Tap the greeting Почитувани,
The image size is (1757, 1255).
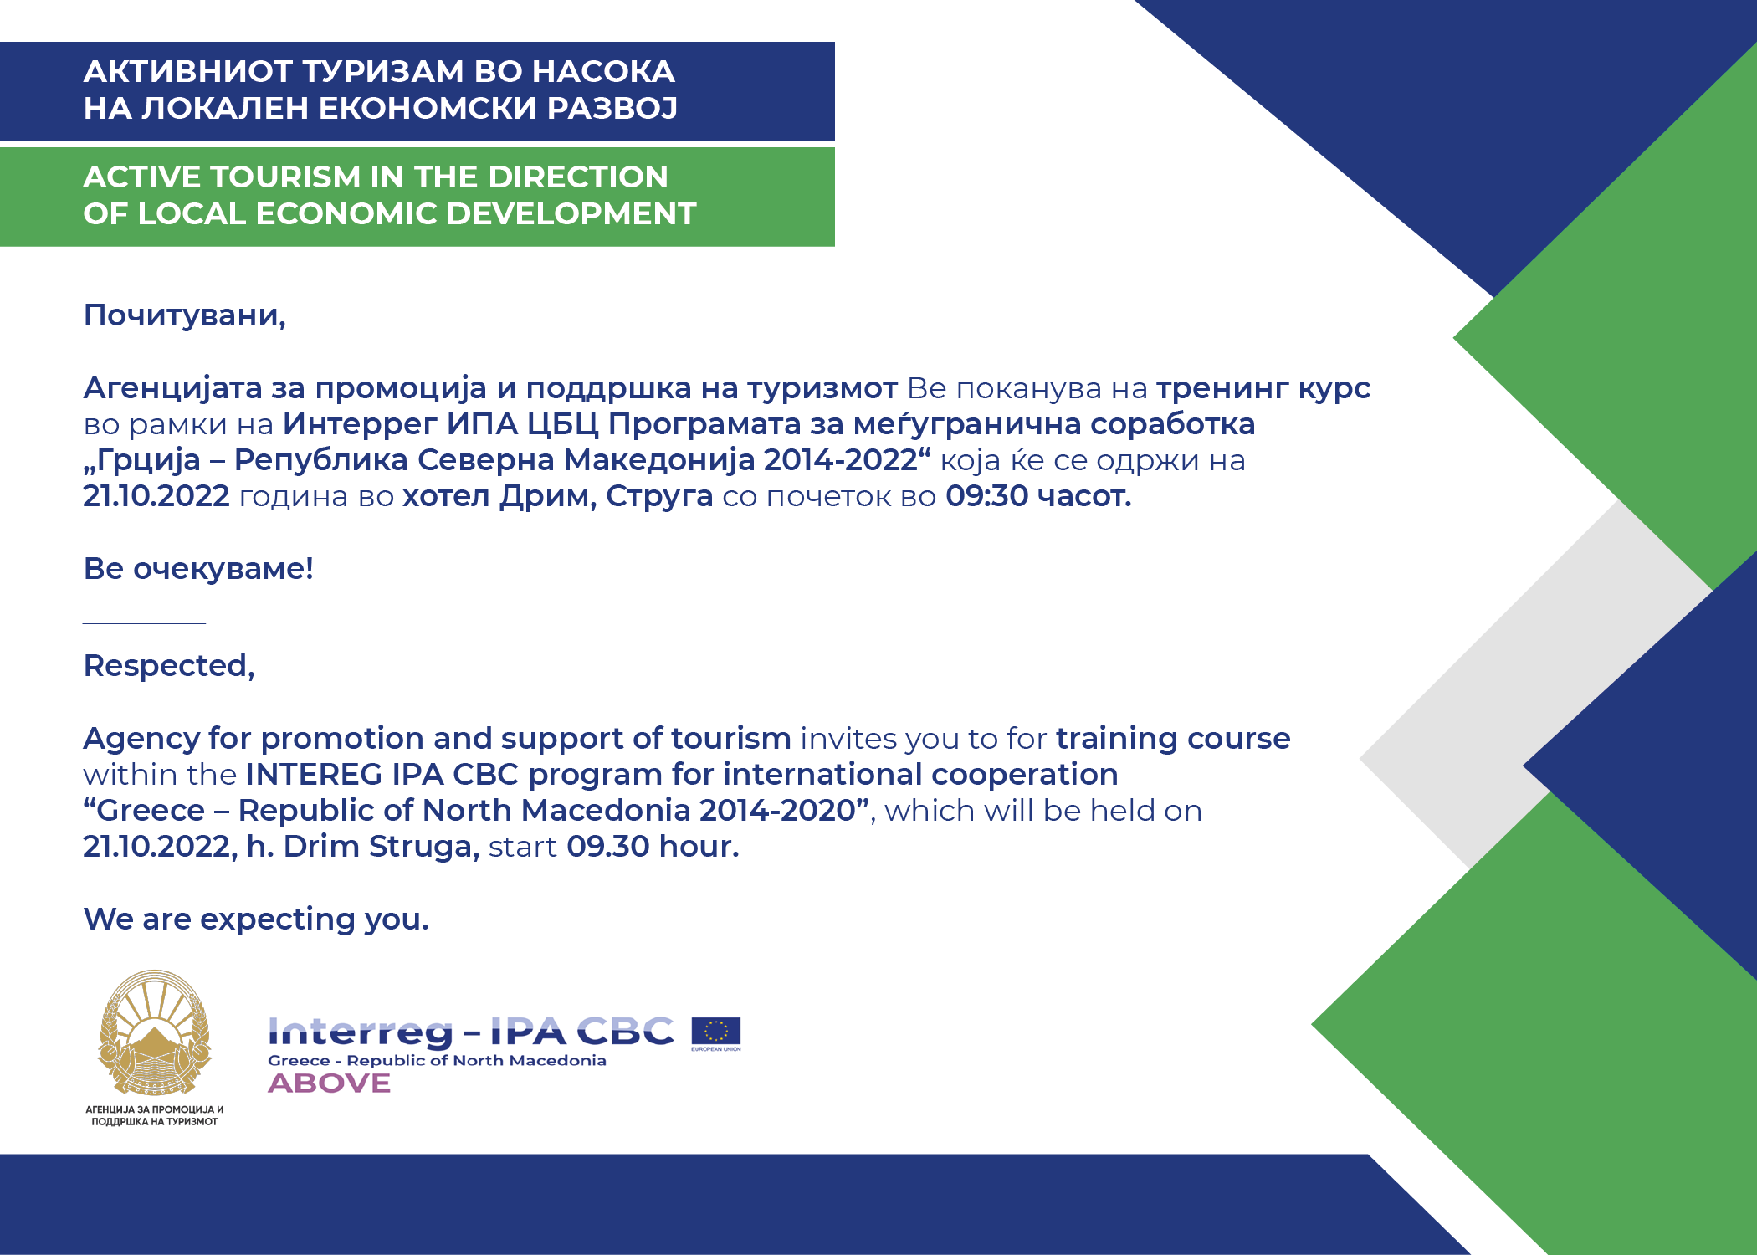coord(185,315)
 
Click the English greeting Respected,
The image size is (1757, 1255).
coord(169,666)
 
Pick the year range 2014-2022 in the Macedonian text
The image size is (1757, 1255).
coord(841,460)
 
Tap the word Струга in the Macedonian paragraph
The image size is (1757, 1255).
coord(659,497)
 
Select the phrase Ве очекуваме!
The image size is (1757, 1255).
coord(198,569)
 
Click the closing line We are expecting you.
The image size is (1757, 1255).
coord(256,919)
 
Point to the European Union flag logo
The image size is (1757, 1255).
coord(716,1033)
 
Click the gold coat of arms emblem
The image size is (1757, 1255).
coord(154,1032)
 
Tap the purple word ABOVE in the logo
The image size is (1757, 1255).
coord(330,1083)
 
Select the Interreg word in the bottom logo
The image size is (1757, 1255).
coord(361,1033)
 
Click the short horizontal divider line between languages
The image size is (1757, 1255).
coord(144,623)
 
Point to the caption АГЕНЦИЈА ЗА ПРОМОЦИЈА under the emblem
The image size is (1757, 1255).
coord(155,1110)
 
